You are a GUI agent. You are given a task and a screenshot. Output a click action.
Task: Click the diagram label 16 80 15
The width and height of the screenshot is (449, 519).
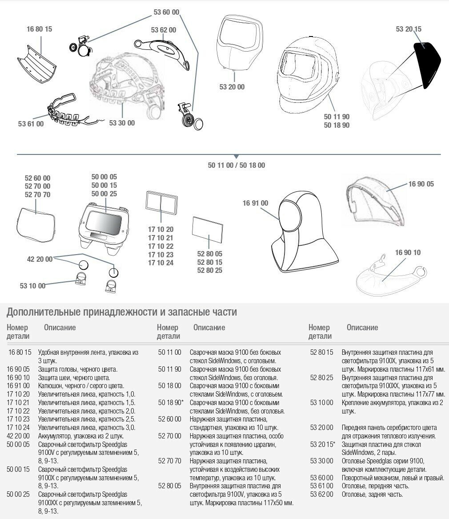(x=39, y=29)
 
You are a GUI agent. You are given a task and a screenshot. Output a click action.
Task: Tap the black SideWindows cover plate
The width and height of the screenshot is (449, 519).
(x=427, y=65)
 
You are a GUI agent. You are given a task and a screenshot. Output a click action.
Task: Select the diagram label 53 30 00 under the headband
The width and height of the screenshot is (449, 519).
(x=121, y=123)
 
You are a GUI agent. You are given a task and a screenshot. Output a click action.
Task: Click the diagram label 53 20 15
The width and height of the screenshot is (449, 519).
(x=409, y=29)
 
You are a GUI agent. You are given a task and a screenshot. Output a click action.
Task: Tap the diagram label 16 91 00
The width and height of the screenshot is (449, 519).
(x=255, y=203)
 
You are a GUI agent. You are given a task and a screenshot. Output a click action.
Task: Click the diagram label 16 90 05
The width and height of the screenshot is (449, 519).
(x=421, y=184)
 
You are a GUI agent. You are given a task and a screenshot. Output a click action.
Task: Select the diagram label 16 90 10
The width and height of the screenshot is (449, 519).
(x=407, y=253)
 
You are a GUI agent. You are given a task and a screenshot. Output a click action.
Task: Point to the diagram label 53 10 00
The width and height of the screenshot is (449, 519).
(x=32, y=286)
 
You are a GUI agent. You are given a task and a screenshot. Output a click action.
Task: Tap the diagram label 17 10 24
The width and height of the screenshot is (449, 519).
(x=160, y=263)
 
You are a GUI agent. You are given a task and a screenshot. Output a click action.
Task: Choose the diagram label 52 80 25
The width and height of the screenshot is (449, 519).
(x=209, y=270)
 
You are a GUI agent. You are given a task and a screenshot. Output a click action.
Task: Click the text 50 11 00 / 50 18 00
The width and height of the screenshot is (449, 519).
(x=236, y=165)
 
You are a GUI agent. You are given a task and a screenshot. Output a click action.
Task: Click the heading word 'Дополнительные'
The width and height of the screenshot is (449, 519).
(x=43, y=312)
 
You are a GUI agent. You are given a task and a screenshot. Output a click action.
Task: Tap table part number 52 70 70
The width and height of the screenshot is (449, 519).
(x=170, y=461)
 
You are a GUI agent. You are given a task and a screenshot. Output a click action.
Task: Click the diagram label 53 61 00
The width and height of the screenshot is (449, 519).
(x=31, y=124)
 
